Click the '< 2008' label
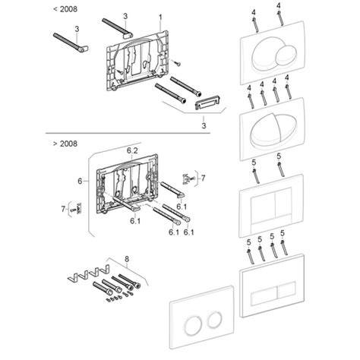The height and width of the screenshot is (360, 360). click(x=65, y=9)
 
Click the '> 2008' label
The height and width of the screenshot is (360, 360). click(x=65, y=144)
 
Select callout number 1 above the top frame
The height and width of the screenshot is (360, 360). click(x=160, y=17)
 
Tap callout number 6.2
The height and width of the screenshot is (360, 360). click(x=132, y=150)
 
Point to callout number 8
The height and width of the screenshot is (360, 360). click(x=127, y=259)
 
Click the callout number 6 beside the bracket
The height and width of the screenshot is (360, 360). click(x=80, y=181)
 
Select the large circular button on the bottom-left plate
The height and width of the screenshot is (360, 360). click(x=194, y=322)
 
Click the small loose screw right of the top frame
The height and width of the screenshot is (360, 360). click(x=176, y=63)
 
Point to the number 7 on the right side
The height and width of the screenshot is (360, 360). click(x=203, y=178)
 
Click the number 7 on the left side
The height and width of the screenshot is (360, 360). click(x=63, y=209)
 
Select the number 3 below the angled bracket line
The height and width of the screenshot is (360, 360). click(x=204, y=125)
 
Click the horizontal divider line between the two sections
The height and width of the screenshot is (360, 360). click(x=128, y=133)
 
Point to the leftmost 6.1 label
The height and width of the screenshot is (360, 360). click(x=135, y=221)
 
